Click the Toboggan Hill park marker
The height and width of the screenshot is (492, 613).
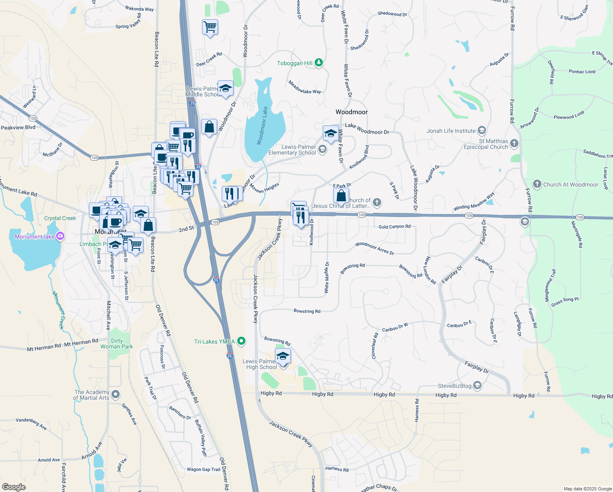click(319, 63)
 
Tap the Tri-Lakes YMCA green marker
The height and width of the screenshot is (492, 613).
click(241, 341)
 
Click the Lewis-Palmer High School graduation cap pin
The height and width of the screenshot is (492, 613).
click(283, 356)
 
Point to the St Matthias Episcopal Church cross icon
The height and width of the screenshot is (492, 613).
click(514, 143)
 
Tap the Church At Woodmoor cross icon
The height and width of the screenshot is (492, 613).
click(537, 184)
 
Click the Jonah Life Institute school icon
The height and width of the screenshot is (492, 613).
click(481, 131)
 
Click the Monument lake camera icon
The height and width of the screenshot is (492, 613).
click(60, 236)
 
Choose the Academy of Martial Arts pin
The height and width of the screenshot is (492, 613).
click(116, 394)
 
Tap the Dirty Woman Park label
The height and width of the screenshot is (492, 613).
click(117, 344)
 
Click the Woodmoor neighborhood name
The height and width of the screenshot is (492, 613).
click(352, 112)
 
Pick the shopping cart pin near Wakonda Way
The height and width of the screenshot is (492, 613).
click(210, 27)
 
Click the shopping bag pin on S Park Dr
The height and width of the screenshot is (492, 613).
click(341, 196)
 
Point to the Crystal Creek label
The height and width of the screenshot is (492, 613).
click(60, 218)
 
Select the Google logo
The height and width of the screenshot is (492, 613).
click(14, 487)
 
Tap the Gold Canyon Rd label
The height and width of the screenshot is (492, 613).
click(394, 227)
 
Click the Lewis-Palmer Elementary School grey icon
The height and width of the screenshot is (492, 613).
click(322, 149)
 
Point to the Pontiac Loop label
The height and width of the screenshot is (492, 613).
click(582, 72)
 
